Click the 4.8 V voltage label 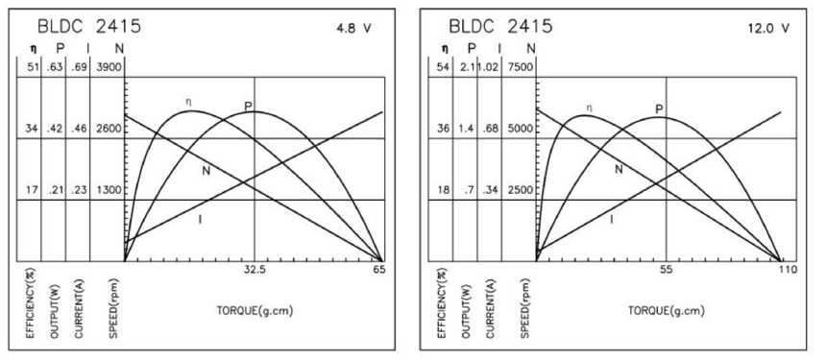pos(354,29)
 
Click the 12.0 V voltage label pos(768,29)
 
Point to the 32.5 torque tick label pos(255,270)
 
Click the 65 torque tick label pos(379,270)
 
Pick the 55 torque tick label pos(667,270)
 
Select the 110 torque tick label pos(790,270)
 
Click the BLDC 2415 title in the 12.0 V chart pos(500,26)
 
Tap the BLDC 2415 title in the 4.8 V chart pos(89,26)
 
